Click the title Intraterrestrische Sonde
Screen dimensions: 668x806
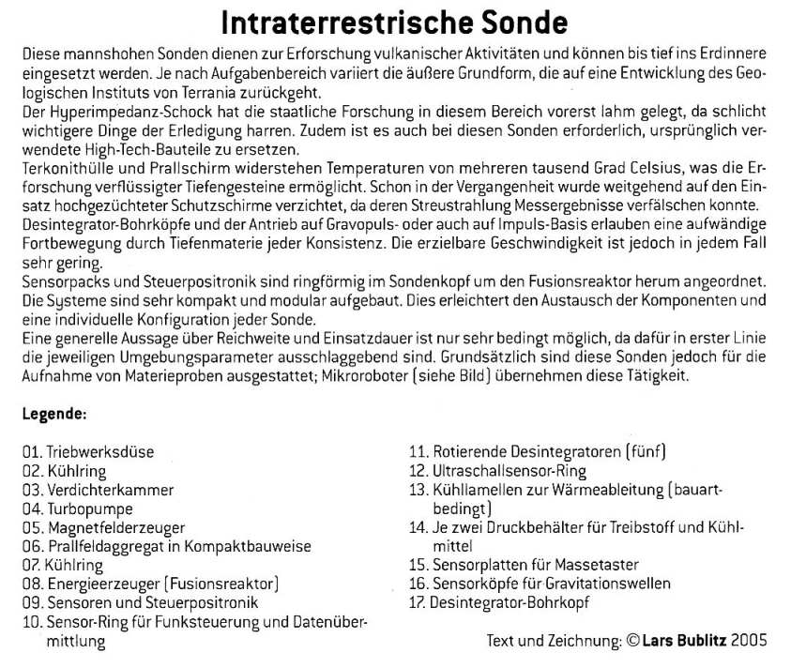tap(394, 23)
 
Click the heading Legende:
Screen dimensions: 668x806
tap(55, 414)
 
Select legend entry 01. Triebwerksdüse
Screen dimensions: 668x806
tap(89, 451)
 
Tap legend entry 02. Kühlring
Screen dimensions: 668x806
tap(65, 471)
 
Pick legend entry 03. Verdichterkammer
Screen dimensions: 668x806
tap(99, 490)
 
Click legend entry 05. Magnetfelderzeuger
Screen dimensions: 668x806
tap(104, 527)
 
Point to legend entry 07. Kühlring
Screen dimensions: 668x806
tap(65, 566)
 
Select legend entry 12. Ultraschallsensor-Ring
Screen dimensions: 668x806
tap(496, 470)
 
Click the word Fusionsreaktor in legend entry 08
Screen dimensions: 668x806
tap(223, 584)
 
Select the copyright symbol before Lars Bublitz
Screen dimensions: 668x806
tap(632, 642)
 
